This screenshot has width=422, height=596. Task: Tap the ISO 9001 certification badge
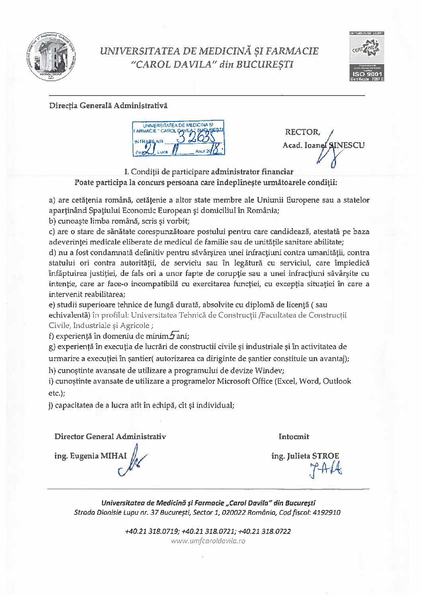pos(367,57)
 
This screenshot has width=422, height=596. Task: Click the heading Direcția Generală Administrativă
pos(108,106)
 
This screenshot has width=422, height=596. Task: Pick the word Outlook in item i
pos(337,381)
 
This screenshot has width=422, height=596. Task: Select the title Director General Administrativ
pos(110,436)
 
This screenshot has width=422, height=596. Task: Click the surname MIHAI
pos(113,456)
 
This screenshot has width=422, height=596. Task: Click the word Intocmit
pos(294,436)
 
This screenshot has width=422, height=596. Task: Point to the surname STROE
pos(326,456)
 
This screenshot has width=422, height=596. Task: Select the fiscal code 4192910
pos(327,512)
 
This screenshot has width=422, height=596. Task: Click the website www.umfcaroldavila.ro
pos(208,541)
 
